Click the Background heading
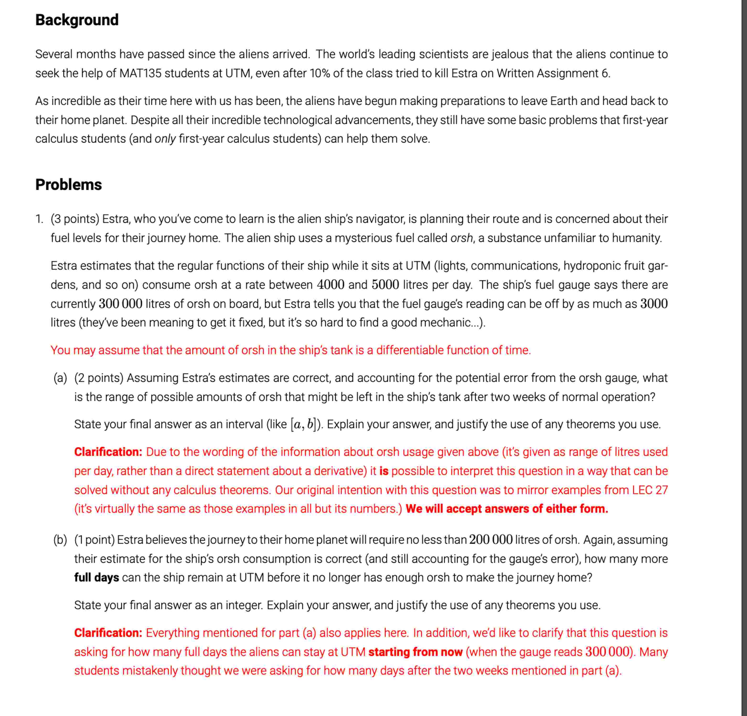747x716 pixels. coord(77,20)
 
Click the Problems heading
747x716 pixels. coord(69,184)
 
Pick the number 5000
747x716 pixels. coord(385,285)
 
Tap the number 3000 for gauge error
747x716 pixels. coord(654,304)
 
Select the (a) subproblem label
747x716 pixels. coord(60,378)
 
